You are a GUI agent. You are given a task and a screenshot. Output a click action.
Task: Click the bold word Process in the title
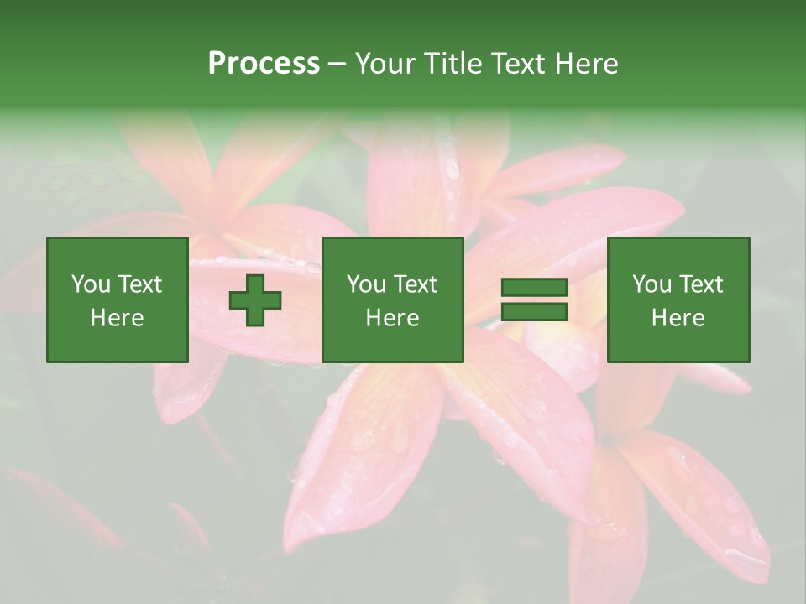pos(264,64)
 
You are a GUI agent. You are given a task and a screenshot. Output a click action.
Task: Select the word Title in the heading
pos(453,64)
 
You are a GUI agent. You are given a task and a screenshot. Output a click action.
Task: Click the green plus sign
pos(255,300)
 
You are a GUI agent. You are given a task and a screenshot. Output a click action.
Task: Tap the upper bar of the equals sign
pos(534,288)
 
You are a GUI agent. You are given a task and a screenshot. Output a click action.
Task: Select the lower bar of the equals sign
pos(534,312)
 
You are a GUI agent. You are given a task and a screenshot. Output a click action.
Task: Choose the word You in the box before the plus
pos(90,284)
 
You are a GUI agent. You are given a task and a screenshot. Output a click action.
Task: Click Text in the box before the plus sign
pos(139,284)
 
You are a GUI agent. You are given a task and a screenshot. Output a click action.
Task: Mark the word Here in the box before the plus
pos(117,318)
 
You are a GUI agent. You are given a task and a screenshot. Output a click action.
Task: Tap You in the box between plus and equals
pos(365,284)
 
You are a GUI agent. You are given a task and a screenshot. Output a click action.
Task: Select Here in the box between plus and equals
pos(392,318)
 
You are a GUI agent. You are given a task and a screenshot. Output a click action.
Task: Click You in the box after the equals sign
pos(651,284)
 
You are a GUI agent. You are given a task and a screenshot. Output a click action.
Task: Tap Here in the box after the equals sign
pos(678,318)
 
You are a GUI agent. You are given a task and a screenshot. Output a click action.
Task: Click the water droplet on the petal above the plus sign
pos(311,267)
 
